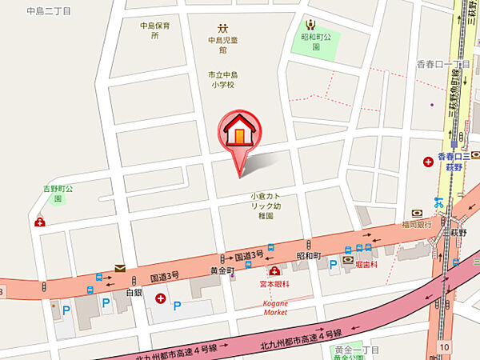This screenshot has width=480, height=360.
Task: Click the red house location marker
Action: point(238,132)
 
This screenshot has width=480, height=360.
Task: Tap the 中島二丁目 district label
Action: point(48,11)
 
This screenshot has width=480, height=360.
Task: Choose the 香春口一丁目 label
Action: point(443,64)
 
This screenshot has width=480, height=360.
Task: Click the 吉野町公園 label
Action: point(58,193)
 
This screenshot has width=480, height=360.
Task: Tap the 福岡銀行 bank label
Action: point(418,225)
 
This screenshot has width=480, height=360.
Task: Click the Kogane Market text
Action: point(274,307)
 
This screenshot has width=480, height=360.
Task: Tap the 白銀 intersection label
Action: point(134,294)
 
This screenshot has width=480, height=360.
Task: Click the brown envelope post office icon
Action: point(119,269)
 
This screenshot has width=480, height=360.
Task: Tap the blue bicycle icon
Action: point(438,202)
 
